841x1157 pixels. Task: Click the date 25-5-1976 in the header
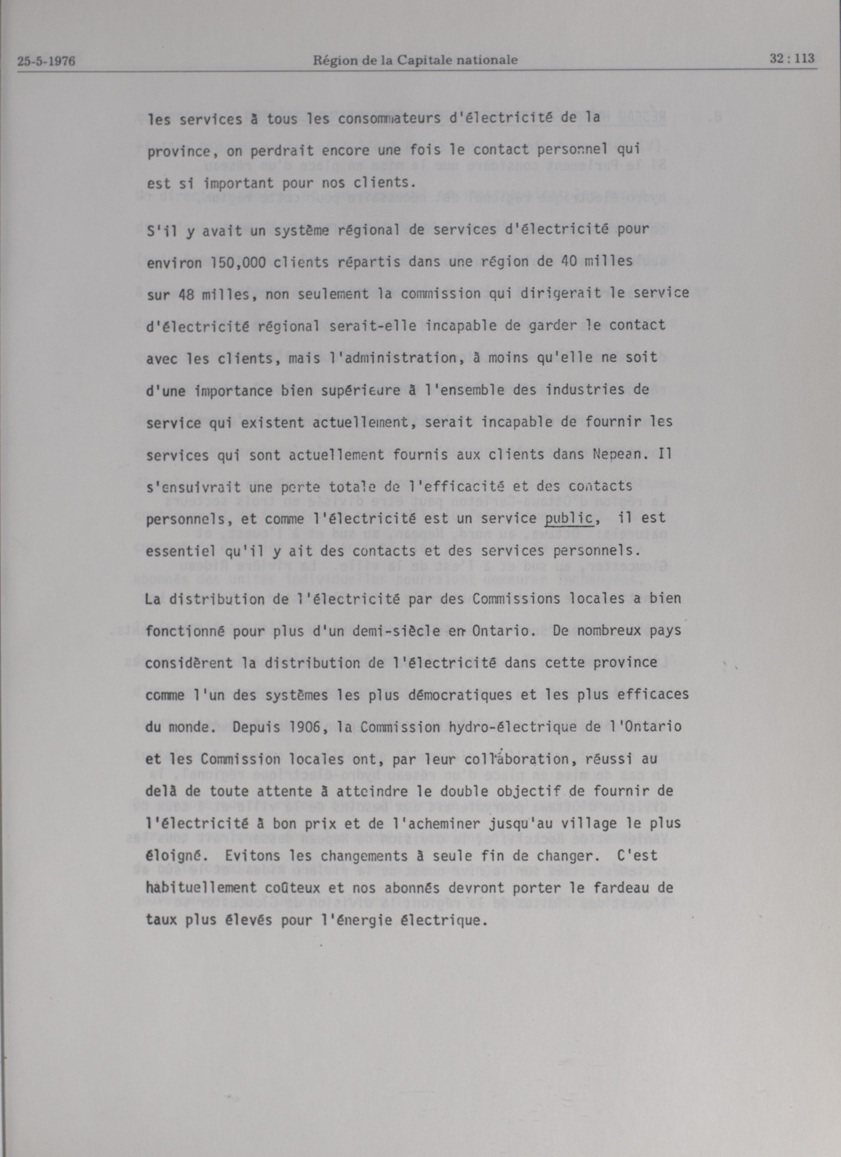coord(46,62)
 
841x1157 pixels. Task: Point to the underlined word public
coord(568,518)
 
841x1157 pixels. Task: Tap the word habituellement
coord(201,888)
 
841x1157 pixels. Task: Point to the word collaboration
coord(546,759)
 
